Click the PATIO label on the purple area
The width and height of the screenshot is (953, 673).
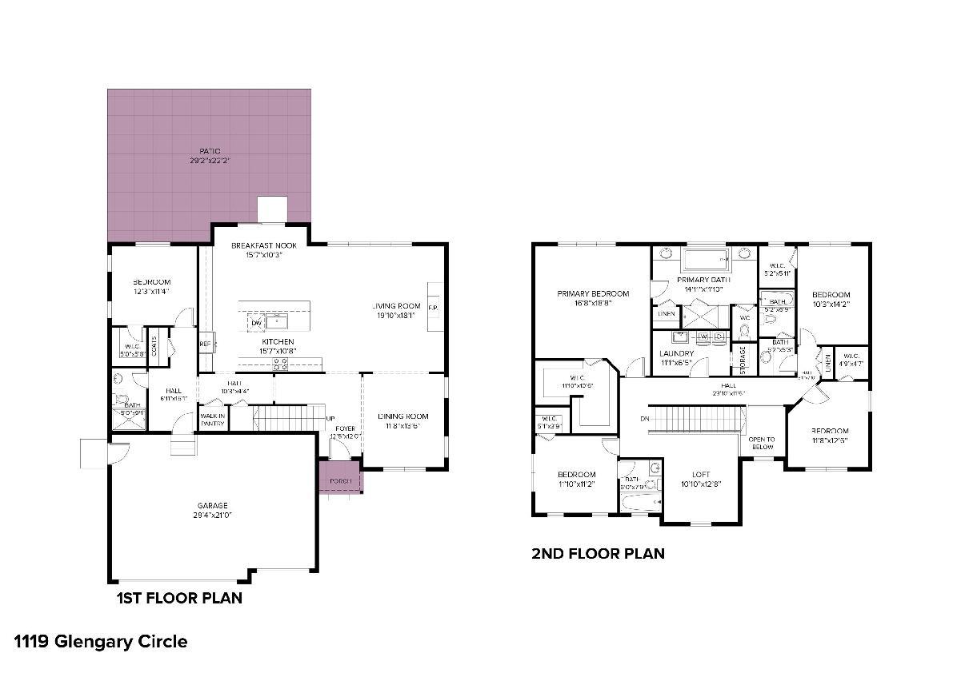210,151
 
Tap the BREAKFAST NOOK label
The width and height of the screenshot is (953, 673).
263,245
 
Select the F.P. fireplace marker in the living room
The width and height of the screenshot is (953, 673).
433,308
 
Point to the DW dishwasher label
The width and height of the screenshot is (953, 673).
256,322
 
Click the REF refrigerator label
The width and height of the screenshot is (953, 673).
205,344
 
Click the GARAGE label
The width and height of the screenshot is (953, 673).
213,505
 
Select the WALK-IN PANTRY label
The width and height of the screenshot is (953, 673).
212,420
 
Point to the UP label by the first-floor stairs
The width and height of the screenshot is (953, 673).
330,418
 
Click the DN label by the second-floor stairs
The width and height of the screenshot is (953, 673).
645,418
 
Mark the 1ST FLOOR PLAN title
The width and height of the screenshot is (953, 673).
180,598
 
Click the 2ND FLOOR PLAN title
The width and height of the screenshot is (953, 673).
598,553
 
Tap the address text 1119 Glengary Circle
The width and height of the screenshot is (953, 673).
101,641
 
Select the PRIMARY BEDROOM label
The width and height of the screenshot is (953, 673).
593,293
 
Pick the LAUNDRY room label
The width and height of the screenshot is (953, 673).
676,353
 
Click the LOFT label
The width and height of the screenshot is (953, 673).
701,475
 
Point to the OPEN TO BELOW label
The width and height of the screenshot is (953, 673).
761,443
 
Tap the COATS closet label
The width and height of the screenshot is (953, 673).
154,347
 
